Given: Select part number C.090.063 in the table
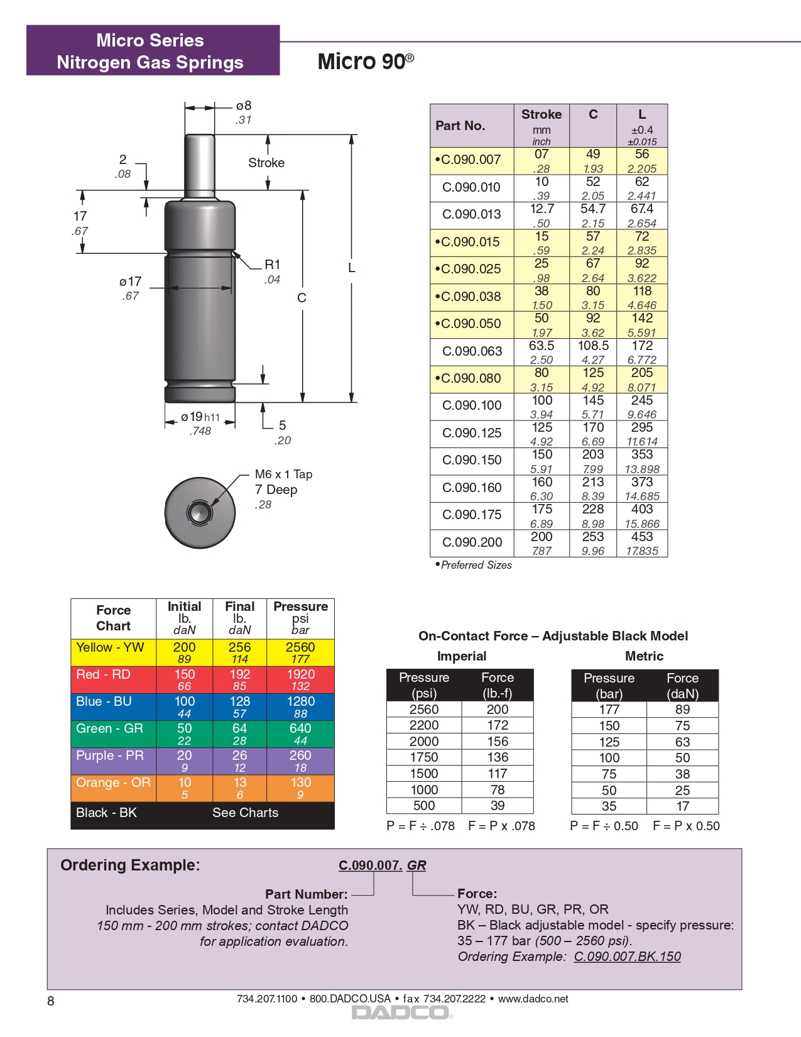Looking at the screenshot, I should point(471,351).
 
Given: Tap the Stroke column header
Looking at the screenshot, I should point(541,114).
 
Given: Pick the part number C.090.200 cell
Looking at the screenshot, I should point(471,542).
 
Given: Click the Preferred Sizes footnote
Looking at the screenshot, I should point(475,565).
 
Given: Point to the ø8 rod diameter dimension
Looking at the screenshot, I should point(244,106).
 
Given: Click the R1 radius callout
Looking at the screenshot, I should point(272,265).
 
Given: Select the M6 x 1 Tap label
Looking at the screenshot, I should point(283,475).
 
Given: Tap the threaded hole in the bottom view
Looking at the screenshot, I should point(200,512).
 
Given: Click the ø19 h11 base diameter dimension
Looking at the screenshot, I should point(200,417).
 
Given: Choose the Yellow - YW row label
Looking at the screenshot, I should point(110,647).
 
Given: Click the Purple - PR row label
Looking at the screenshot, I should point(110,755).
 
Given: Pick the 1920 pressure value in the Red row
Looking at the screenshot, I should point(300,674).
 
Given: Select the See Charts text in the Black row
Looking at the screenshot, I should point(245,813).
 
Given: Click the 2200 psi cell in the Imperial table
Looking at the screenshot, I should point(424,725).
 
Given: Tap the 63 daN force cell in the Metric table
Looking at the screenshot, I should point(682,742).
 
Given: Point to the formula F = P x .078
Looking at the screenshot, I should point(501,826).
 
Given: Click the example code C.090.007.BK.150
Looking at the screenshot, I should point(627,957).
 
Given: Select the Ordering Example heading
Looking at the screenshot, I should point(130,865).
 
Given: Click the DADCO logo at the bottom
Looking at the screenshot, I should point(401,1012).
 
